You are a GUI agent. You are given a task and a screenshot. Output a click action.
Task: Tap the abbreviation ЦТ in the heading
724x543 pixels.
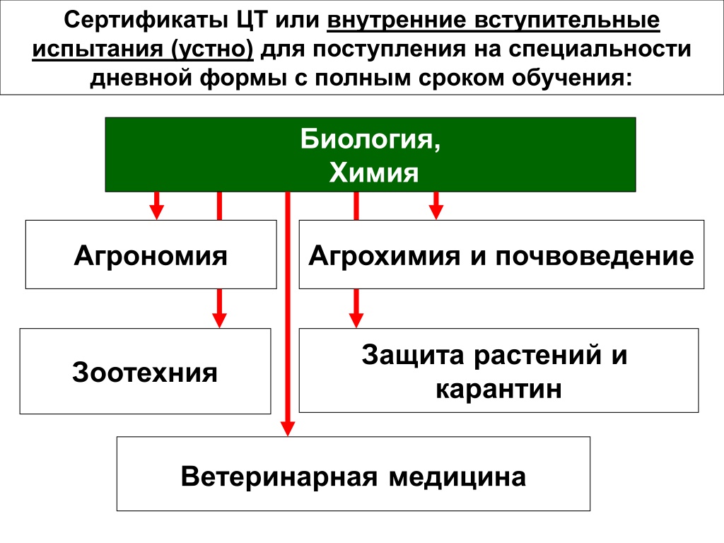252,21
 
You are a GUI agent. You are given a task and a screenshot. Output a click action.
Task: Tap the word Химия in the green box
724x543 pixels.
373,173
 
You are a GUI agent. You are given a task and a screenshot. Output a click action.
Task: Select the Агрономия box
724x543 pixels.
151,255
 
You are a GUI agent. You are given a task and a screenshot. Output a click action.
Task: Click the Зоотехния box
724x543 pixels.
145,371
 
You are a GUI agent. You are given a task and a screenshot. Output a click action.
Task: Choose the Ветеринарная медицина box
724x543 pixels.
354,474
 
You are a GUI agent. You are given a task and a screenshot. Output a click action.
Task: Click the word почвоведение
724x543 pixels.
595,256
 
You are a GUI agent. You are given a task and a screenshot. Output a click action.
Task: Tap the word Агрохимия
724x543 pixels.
384,256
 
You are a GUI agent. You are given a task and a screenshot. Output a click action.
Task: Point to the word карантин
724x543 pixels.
498,390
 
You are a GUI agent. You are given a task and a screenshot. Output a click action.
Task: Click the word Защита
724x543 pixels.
412,356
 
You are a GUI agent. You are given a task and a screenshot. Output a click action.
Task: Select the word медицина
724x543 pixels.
457,477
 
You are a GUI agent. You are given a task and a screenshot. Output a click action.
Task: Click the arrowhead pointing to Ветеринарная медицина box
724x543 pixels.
288,428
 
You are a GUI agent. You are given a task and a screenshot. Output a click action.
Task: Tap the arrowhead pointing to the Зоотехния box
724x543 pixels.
219,320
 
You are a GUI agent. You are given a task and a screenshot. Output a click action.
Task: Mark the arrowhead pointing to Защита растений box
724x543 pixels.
356,320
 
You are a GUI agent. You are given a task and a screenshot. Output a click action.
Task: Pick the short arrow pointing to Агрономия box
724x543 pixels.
156,206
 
